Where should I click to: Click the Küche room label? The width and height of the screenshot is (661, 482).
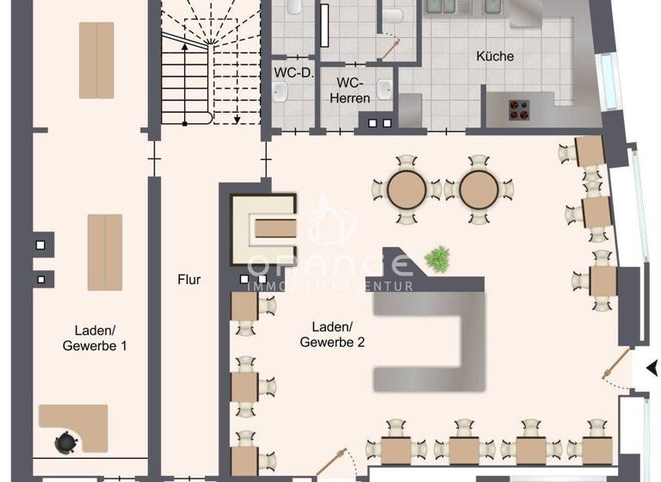coord(495,57)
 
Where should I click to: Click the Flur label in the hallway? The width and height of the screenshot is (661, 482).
coord(188,280)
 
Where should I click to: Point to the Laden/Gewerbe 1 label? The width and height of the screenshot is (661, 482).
coord(95,337)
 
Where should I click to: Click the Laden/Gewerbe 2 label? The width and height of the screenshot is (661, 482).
coord(332,335)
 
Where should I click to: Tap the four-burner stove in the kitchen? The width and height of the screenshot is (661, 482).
coord(519,109)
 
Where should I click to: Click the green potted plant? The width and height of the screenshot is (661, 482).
coord(438,257)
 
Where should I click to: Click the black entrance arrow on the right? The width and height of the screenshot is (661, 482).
coord(652,368)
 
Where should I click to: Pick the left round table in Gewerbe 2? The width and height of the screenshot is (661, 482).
coord(406,189)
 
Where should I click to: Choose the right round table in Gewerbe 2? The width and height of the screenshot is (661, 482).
coord(479,189)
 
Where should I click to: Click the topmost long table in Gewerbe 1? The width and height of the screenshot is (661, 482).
coord(96,60)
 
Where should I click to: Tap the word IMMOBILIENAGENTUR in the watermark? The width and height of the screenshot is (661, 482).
coord(330,286)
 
